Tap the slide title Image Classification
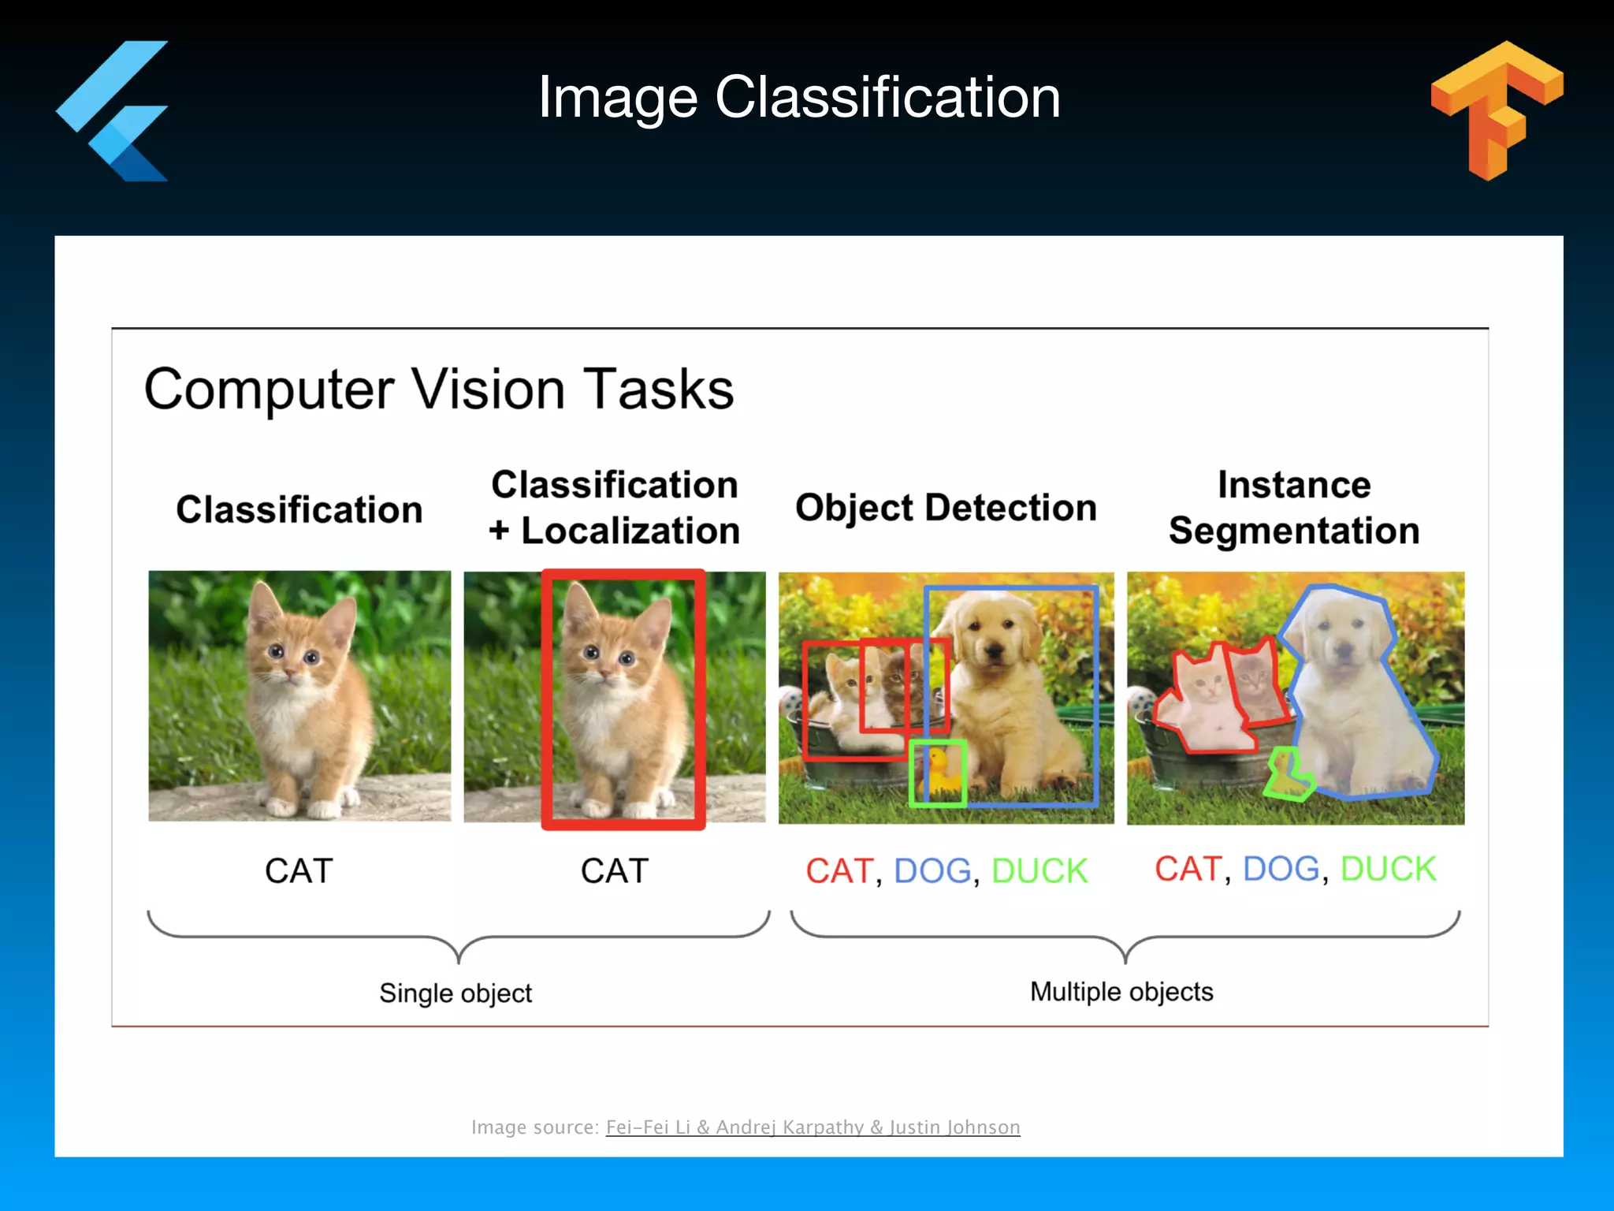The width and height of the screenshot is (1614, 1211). point(799,97)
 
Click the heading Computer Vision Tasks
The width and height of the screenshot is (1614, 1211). point(439,389)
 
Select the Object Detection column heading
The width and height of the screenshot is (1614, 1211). point(946,507)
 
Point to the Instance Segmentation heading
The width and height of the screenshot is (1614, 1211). point(1294,507)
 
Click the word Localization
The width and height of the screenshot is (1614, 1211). point(630,531)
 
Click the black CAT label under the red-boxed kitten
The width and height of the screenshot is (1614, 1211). point(615,871)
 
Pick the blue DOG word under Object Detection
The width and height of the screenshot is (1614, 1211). point(932,871)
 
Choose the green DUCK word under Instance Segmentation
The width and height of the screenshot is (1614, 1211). point(1388,869)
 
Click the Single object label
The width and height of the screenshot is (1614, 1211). point(456,993)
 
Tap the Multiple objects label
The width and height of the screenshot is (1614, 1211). point(1121,991)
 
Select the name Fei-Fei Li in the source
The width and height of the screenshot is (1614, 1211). point(648,1127)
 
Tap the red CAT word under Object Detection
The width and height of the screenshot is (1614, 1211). point(839,871)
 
